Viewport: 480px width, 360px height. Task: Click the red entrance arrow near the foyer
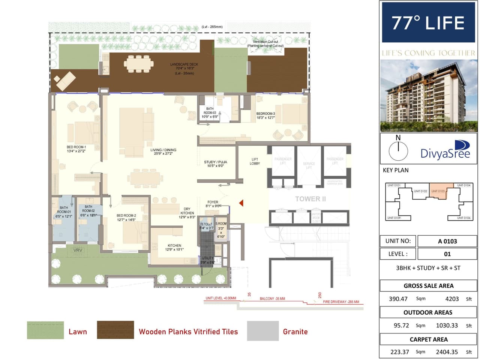tap(241, 203)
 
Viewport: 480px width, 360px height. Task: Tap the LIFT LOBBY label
tap(255, 161)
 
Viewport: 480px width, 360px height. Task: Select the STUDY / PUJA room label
tap(215, 164)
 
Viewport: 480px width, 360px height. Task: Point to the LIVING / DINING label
tap(163, 152)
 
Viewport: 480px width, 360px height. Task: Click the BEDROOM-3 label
tap(265, 116)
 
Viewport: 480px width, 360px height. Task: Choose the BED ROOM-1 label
tap(76, 149)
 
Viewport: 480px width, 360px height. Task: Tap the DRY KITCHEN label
tap(187, 213)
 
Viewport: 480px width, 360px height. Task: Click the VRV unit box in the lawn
tap(78, 251)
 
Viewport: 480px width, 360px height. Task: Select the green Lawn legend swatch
tap(45, 330)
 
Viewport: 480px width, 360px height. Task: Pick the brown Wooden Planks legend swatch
tap(115, 330)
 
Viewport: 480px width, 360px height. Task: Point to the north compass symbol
tap(398, 150)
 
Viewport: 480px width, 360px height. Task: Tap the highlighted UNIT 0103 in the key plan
tap(438, 191)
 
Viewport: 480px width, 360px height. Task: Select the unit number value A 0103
tap(447, 241)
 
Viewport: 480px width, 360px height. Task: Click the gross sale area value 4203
tap(451, 299)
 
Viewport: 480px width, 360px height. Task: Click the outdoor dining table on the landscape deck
tap(139, 64)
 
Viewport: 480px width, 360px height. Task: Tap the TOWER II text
tap(310, 199)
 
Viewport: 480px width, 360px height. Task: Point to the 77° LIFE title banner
tap(428, 22)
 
